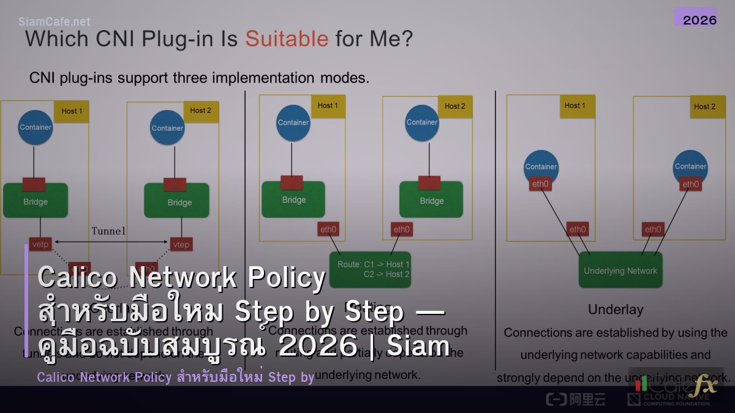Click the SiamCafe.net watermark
click(55, 21)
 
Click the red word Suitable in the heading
click(287, 39)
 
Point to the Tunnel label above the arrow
click(108, 231)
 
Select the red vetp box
click(40, 245)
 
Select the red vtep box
click(181, 245)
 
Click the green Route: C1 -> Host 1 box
click(370, 269)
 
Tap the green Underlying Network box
click(620, 270)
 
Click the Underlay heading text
click(616, 310)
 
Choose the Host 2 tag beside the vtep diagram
click(200, 111)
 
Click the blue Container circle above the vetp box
click(36, 127)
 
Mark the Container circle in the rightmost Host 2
click(690, 167)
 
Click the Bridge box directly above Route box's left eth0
click(293, 199)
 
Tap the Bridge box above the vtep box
click(179, 201)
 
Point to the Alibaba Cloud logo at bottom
click(567, 399)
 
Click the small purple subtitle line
click(175, 377)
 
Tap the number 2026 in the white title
click(317, 346)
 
